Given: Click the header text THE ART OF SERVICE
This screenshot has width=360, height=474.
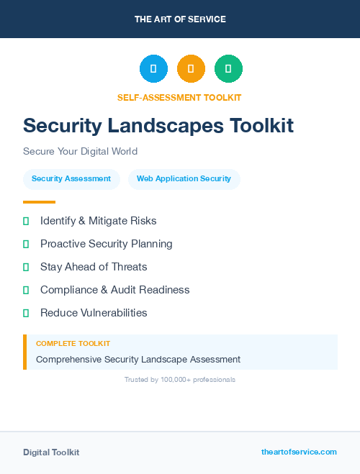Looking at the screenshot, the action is tap(180, 19).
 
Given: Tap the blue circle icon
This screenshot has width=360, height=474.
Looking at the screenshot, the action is tap(153, 69).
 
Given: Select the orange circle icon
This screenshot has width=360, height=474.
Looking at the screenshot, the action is tap(191, 69).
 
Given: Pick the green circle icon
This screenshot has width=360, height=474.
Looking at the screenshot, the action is tap(228, 69).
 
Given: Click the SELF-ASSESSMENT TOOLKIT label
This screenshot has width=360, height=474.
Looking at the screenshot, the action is tap(179, 97).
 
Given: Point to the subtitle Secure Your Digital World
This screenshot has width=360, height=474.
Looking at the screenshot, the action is tap(80, 151).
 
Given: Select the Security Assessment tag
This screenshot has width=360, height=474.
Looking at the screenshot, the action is tap(71, 178).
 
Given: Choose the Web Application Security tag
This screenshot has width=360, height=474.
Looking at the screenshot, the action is tap(184, 178).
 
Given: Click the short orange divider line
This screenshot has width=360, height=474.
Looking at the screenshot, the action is tap(39, 202).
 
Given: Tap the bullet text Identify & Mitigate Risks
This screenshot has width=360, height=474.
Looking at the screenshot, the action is tap(98, 221).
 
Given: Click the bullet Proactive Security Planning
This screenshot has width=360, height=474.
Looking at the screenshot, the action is tap(106, 244).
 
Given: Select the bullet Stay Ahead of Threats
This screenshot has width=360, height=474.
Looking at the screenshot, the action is tap(94, 267).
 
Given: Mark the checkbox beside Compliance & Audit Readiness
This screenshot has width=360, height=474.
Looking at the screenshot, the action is tap(26, 290).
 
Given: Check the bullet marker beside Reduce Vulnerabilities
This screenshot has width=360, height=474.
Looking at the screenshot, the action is tap(26, 313).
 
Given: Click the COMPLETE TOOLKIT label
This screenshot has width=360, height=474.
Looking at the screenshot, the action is tap(73, 344).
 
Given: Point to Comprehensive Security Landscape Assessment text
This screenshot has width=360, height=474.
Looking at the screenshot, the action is tap(138, 359).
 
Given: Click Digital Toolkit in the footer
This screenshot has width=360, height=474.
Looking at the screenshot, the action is tap(51, 452).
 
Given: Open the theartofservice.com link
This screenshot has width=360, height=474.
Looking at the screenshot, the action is tap(299, 452).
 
